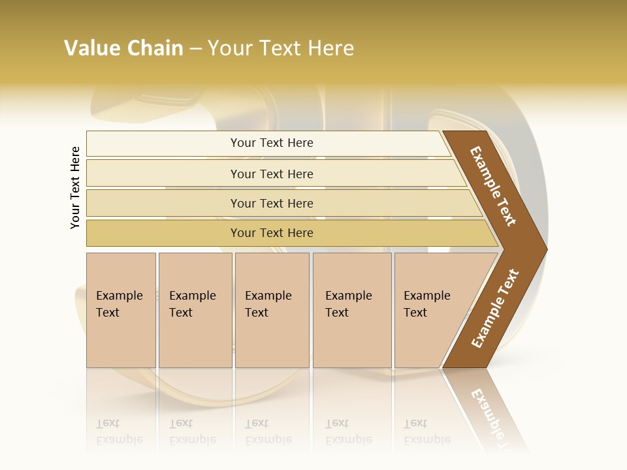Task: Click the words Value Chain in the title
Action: pyautogui.click(x=123, y=48)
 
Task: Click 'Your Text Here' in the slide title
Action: pyautogui.click(x=281, y=48)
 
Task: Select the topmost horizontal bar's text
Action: pyautogui.click(x=272, y=143)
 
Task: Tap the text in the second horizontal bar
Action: pyautogui.click(x=272, y=174)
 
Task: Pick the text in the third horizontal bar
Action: pyautogui.click(x=272, y=204)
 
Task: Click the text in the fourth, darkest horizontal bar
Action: pyautogui.click(x=272, y=233)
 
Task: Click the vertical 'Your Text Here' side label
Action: pyautogui.click(x=75, y=187)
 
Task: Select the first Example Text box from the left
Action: pyautogui.click(x=119, y=304)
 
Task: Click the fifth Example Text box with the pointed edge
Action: pyautogui.click(x=427, y=304)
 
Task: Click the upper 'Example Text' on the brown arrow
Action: pyautogui.click(x=493, y=186)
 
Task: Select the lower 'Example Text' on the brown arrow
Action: pyautogui.click(x=495, y=309)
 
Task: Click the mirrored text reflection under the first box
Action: pyautogui.click(x=119, y=431)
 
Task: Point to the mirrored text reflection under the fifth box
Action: pyautogui.click(x=427, y=431)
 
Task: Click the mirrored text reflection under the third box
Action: pyautogui.click(x=268, y=431)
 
